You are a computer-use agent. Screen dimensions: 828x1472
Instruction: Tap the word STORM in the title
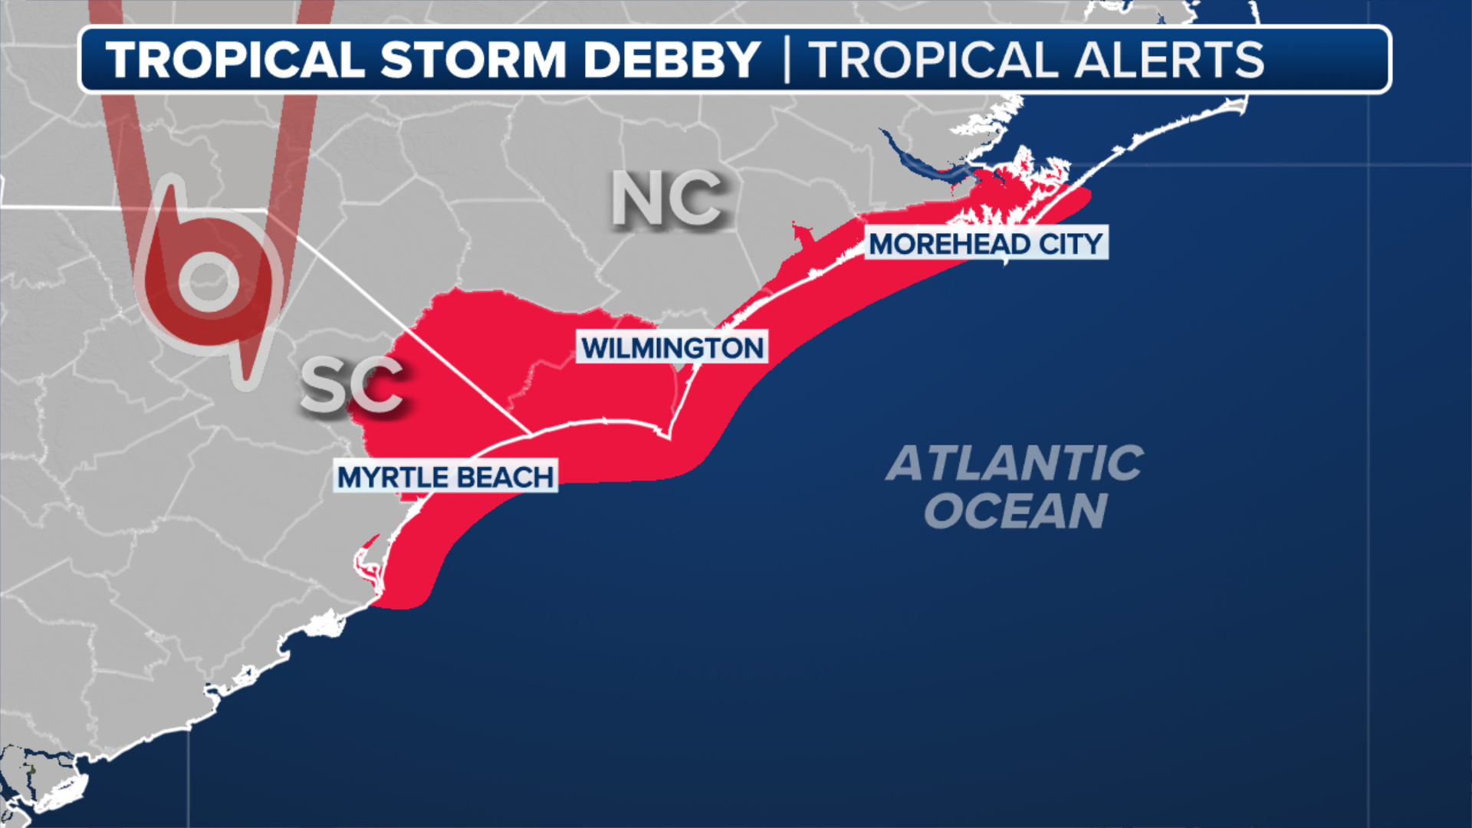(473, 60)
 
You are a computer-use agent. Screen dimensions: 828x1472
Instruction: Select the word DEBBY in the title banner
(672, 60)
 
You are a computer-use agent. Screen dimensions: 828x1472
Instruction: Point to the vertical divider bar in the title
(787, 60)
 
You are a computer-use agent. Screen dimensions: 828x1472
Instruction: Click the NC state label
(667, 199)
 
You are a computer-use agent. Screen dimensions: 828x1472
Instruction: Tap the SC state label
(351, 385)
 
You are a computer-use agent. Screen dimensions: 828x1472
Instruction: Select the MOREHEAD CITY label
(986, 244)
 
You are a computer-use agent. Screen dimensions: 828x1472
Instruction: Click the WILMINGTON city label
(672, 347)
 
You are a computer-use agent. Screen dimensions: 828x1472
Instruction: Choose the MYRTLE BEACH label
(445, 477)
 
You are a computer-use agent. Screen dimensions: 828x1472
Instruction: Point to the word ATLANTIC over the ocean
(1014, 463)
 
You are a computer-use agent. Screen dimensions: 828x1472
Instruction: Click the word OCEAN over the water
(1015, 511)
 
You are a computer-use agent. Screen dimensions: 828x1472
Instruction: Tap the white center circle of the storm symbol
(208, 281)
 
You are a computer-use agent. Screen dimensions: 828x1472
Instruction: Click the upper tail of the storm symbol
(172, 201)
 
